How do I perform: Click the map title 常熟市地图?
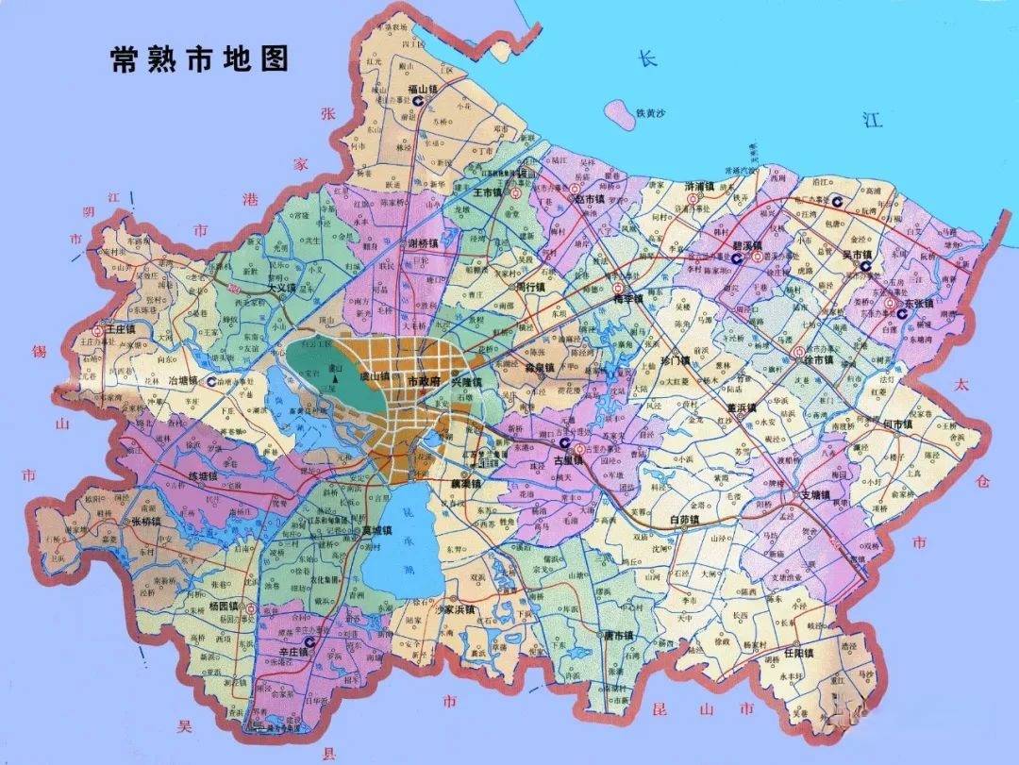pyautogui.click(x=199, y=60)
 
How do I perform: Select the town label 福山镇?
pyautogui.click(x=424, y=90)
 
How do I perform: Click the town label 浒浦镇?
pyautogui.click(x=699, y=187)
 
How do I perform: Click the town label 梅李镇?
pyautogui.click(x=627, y=298)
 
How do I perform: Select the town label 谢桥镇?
pyautogui.click(x=423, y=243)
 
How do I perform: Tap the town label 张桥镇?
pyautogui.click(x=145, y=522)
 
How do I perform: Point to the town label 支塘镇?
pyautogui.click(x=814, y=495)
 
